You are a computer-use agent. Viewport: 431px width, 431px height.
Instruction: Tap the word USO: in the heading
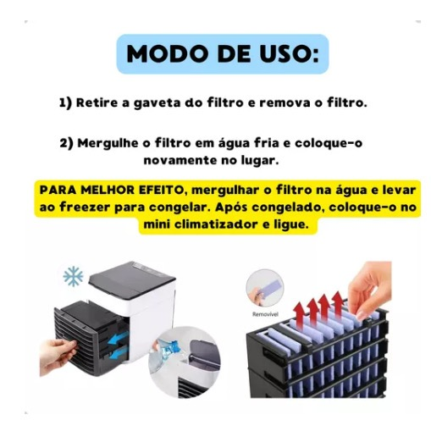[290, 53]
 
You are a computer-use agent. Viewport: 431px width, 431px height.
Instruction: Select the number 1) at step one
[65, 102]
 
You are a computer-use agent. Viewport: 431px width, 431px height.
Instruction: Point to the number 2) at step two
[66, 143]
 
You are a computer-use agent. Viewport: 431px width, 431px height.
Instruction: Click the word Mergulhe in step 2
[108, 143]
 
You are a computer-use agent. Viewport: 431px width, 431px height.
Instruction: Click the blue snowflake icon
[74, 276]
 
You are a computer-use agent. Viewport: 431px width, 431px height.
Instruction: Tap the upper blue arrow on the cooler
[119, 339]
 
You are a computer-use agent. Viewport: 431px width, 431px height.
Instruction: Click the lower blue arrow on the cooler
[119, 354]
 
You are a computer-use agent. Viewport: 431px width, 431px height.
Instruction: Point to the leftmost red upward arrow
[300, 315]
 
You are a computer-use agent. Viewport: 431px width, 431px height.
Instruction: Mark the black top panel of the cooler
[131, 277]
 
